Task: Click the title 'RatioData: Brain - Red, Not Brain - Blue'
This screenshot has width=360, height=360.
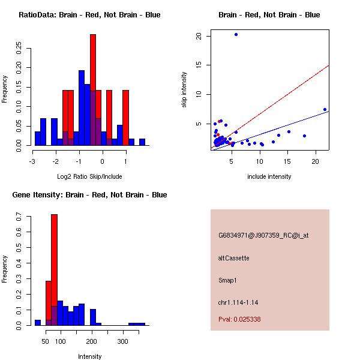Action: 89,14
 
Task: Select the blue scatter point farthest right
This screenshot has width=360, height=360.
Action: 325,110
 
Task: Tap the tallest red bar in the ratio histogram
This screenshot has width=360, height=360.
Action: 93,90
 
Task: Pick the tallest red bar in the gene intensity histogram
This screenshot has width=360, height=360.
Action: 54,269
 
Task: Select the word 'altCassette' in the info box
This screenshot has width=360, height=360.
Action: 233,258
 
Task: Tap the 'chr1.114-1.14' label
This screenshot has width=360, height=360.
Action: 238,302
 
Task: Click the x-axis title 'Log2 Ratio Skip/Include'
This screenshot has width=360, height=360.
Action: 89,176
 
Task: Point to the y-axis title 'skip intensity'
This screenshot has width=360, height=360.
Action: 184,90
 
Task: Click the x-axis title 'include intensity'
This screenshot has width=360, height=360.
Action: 269,176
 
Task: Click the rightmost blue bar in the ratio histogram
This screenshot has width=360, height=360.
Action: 142,142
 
